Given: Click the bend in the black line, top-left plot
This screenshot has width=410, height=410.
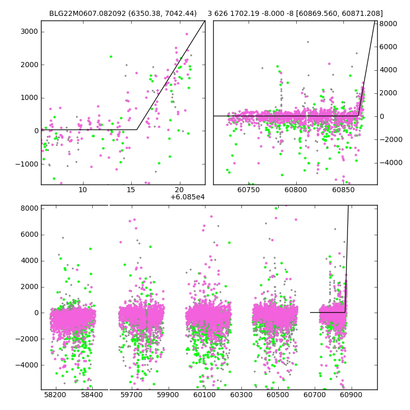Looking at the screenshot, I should coord(137,130).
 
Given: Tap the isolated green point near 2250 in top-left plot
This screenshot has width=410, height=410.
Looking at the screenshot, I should coord(111,56).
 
